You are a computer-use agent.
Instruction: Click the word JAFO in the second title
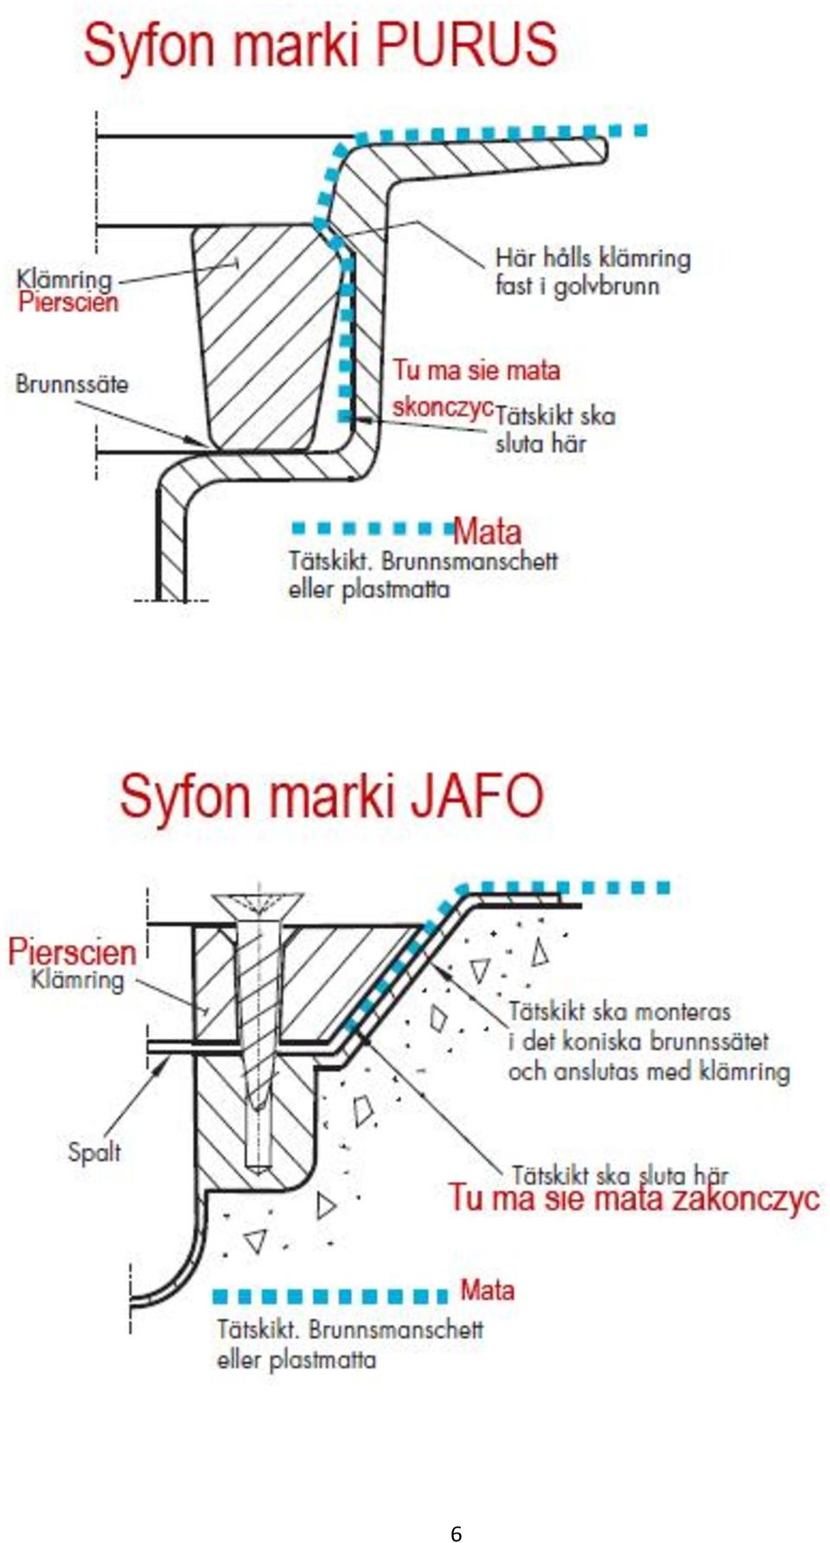tap(477, 796)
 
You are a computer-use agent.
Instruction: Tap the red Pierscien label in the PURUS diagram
tap(68, 302)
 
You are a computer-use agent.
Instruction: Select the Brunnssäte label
tap(72, 383)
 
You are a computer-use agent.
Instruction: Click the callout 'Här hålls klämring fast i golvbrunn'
tap(593, 271)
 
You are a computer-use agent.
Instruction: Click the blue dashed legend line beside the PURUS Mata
tap(373, 527)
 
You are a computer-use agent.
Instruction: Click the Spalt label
tap(94, 1151)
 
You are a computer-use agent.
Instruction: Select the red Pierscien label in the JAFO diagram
tap(73, 951)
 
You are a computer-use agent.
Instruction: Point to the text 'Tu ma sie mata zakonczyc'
tap(634, 1198)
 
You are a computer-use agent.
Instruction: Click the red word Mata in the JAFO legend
tap(488, 1290)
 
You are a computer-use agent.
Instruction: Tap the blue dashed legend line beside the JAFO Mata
tap(331, 1297)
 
